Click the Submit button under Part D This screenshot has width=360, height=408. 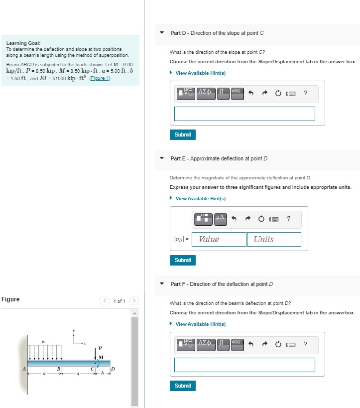tap(183, 135)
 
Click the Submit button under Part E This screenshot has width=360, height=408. tap(183, 260)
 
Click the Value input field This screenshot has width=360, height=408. tap(219, 239)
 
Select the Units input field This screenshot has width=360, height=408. tap(274, 239)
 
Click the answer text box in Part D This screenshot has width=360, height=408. tap(244, 114)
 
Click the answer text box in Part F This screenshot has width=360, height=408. tap(244, 365)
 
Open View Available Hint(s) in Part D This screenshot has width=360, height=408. tap(200, 73)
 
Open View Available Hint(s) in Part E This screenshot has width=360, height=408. tap(200, 199)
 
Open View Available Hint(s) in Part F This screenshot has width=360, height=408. tap(200, 324)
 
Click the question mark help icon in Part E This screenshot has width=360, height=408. tap(289, 218)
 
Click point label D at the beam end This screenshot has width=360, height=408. tap(113, 369)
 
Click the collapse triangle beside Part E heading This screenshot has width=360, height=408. tap(161, 158)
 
